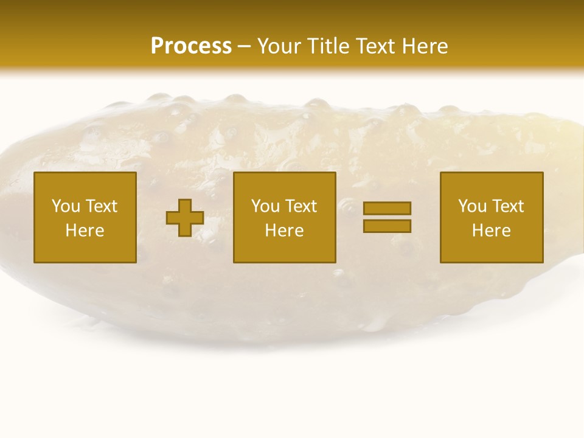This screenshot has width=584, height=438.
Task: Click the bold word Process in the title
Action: click(191, 46)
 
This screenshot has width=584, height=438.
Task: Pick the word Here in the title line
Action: click(425, 46)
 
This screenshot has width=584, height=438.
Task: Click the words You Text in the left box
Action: click(85, 206)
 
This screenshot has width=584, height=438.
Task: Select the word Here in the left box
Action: click(85, 231)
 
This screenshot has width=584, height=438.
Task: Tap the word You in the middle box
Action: click(265, 206)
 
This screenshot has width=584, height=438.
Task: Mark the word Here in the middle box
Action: click(284, 231)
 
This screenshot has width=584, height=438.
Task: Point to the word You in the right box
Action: click(472, 206)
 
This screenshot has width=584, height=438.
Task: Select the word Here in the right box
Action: click(491, 231)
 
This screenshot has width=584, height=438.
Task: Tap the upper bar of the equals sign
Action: click(387, 208)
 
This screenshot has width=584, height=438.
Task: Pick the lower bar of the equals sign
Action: click(387, 226)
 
